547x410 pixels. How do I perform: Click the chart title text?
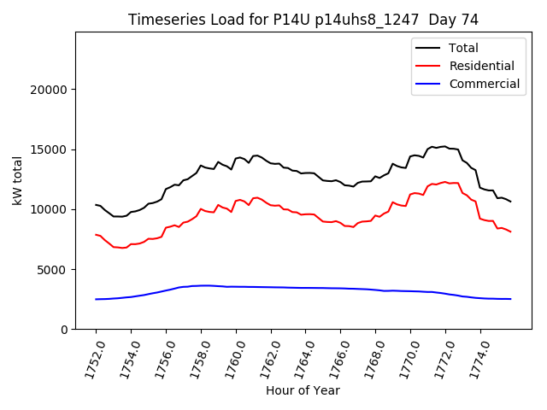pos(303,20)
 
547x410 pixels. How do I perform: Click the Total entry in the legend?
pos(463,48)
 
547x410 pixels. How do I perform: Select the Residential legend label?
pos(481,66)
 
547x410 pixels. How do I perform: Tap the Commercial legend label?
pos(484,84)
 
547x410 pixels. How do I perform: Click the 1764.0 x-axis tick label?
pos(298,357)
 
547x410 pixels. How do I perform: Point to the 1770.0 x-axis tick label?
pos(403,357)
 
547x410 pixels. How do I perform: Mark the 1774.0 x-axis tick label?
pos(473,357)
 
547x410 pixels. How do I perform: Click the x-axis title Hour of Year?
pos(303,390)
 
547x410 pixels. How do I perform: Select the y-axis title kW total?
pos(18,181)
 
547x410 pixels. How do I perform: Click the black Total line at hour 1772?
pos(445,147)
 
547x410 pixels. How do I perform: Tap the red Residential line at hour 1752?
pos(96,234)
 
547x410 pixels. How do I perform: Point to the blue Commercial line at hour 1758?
pos(201,285)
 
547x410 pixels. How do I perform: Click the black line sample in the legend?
pos(427,48)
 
